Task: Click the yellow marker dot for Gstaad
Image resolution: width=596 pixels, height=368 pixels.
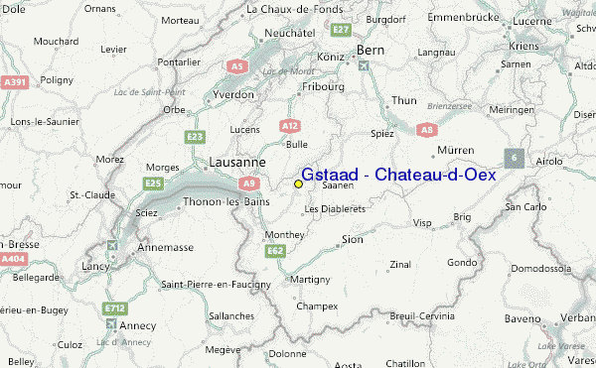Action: (x=298, y=184)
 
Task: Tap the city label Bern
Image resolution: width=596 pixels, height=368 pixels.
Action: (x=370, y=50)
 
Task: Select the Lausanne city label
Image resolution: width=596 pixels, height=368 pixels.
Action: (x=236, y=162)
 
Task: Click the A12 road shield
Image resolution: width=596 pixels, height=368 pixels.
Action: (x=289, y=126)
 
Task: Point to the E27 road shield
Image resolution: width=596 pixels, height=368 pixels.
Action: (x=342, y=31)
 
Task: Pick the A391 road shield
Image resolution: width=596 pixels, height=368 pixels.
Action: (x=14, y=83)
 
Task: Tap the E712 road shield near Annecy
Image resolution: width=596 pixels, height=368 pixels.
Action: (x=115, y=308)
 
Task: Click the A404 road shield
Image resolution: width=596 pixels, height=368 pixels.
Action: (x=14, y=258)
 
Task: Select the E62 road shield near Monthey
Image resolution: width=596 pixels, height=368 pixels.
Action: (x=276, y=250)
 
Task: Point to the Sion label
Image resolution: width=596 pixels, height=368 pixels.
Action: (x=352, y=239)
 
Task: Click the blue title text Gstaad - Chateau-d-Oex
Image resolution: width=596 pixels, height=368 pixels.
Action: (x=397, y=175)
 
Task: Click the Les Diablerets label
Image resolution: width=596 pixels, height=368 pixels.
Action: (x=336, y=209)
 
